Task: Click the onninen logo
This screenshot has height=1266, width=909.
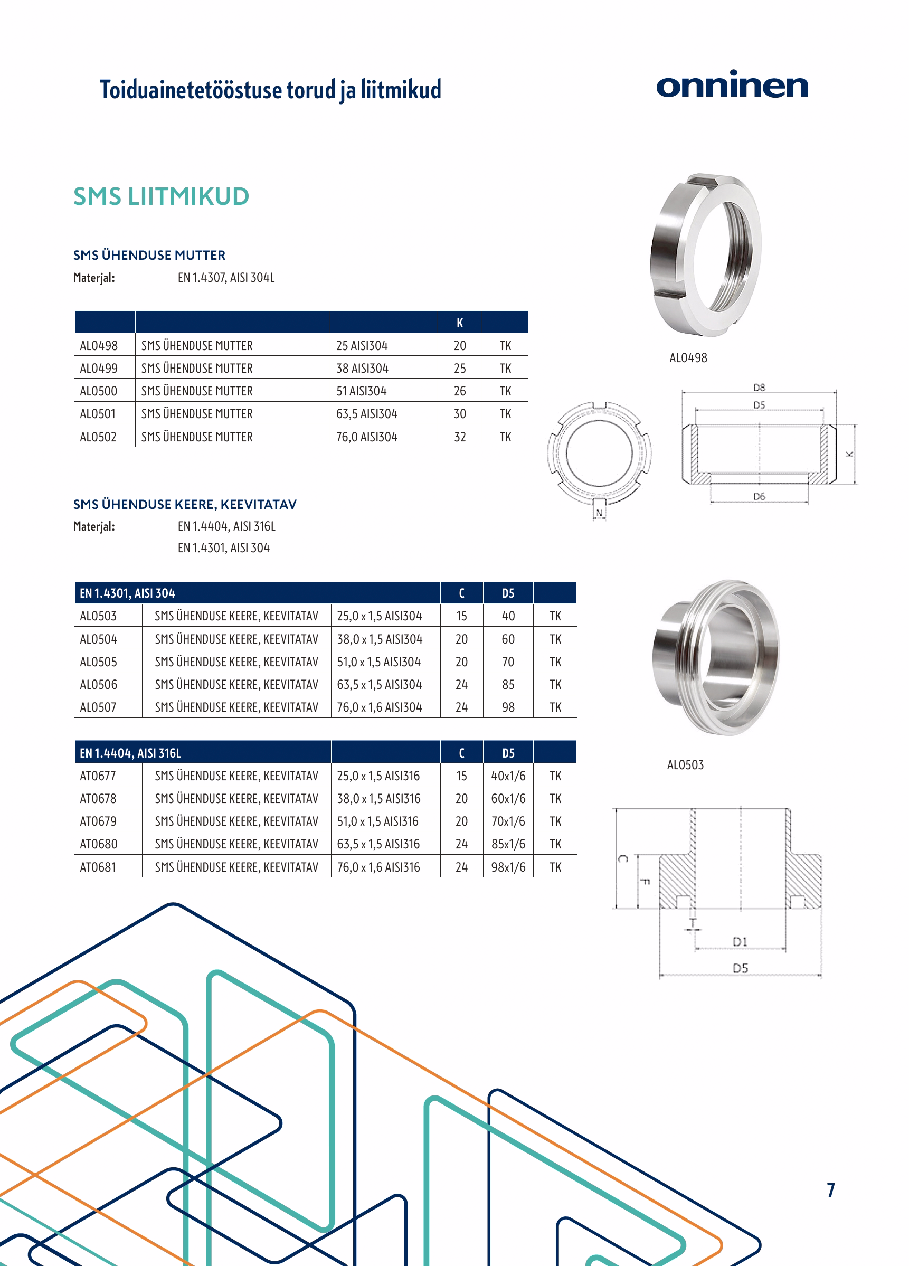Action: pyautogui.click(x=732, y=85)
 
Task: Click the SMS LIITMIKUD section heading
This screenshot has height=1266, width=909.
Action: pyautogui.click(x=161, y=196)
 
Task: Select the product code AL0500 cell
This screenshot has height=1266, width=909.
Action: pyautogui.click(x=99, y=391)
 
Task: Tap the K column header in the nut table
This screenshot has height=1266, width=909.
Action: pyautogui.click(x=460, y=323)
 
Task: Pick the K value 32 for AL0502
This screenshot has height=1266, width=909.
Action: pyautogui.click(x=460, y=437)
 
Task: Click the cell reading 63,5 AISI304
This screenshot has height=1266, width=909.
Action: pyautogui.click(x=367, y=414)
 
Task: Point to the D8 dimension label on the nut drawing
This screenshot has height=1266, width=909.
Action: pyautogui.click(x=759, y=388)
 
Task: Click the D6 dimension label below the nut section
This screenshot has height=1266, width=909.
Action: pyautogui.click(x=759, y=496)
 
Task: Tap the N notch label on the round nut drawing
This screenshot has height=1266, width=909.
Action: pyautogui.click(x=599, y=513)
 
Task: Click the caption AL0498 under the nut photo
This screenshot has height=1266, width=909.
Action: pyautogui.click(x=688, y=358)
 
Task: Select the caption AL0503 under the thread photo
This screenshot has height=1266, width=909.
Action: pyautogui.click(x=685, y=765)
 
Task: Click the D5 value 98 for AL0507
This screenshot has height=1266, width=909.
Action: pyautogui.click(x=508, y=707)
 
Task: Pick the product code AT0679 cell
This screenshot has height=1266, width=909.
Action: pyautogui.click(x=98, y=821)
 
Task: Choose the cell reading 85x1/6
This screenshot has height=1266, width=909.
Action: pyautogui.click(x=508, y=844)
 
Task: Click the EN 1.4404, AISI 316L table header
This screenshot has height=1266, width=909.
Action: pyautogui.click(x=130, y=753)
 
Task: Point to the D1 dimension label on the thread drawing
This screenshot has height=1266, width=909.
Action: pyautogui.click(x=740, y=942)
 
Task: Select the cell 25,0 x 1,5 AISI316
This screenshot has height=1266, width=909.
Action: pyautogui.click(x=378, y=776)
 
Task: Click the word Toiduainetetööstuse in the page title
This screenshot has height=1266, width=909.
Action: pyautogui.click(x=191, y=90)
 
